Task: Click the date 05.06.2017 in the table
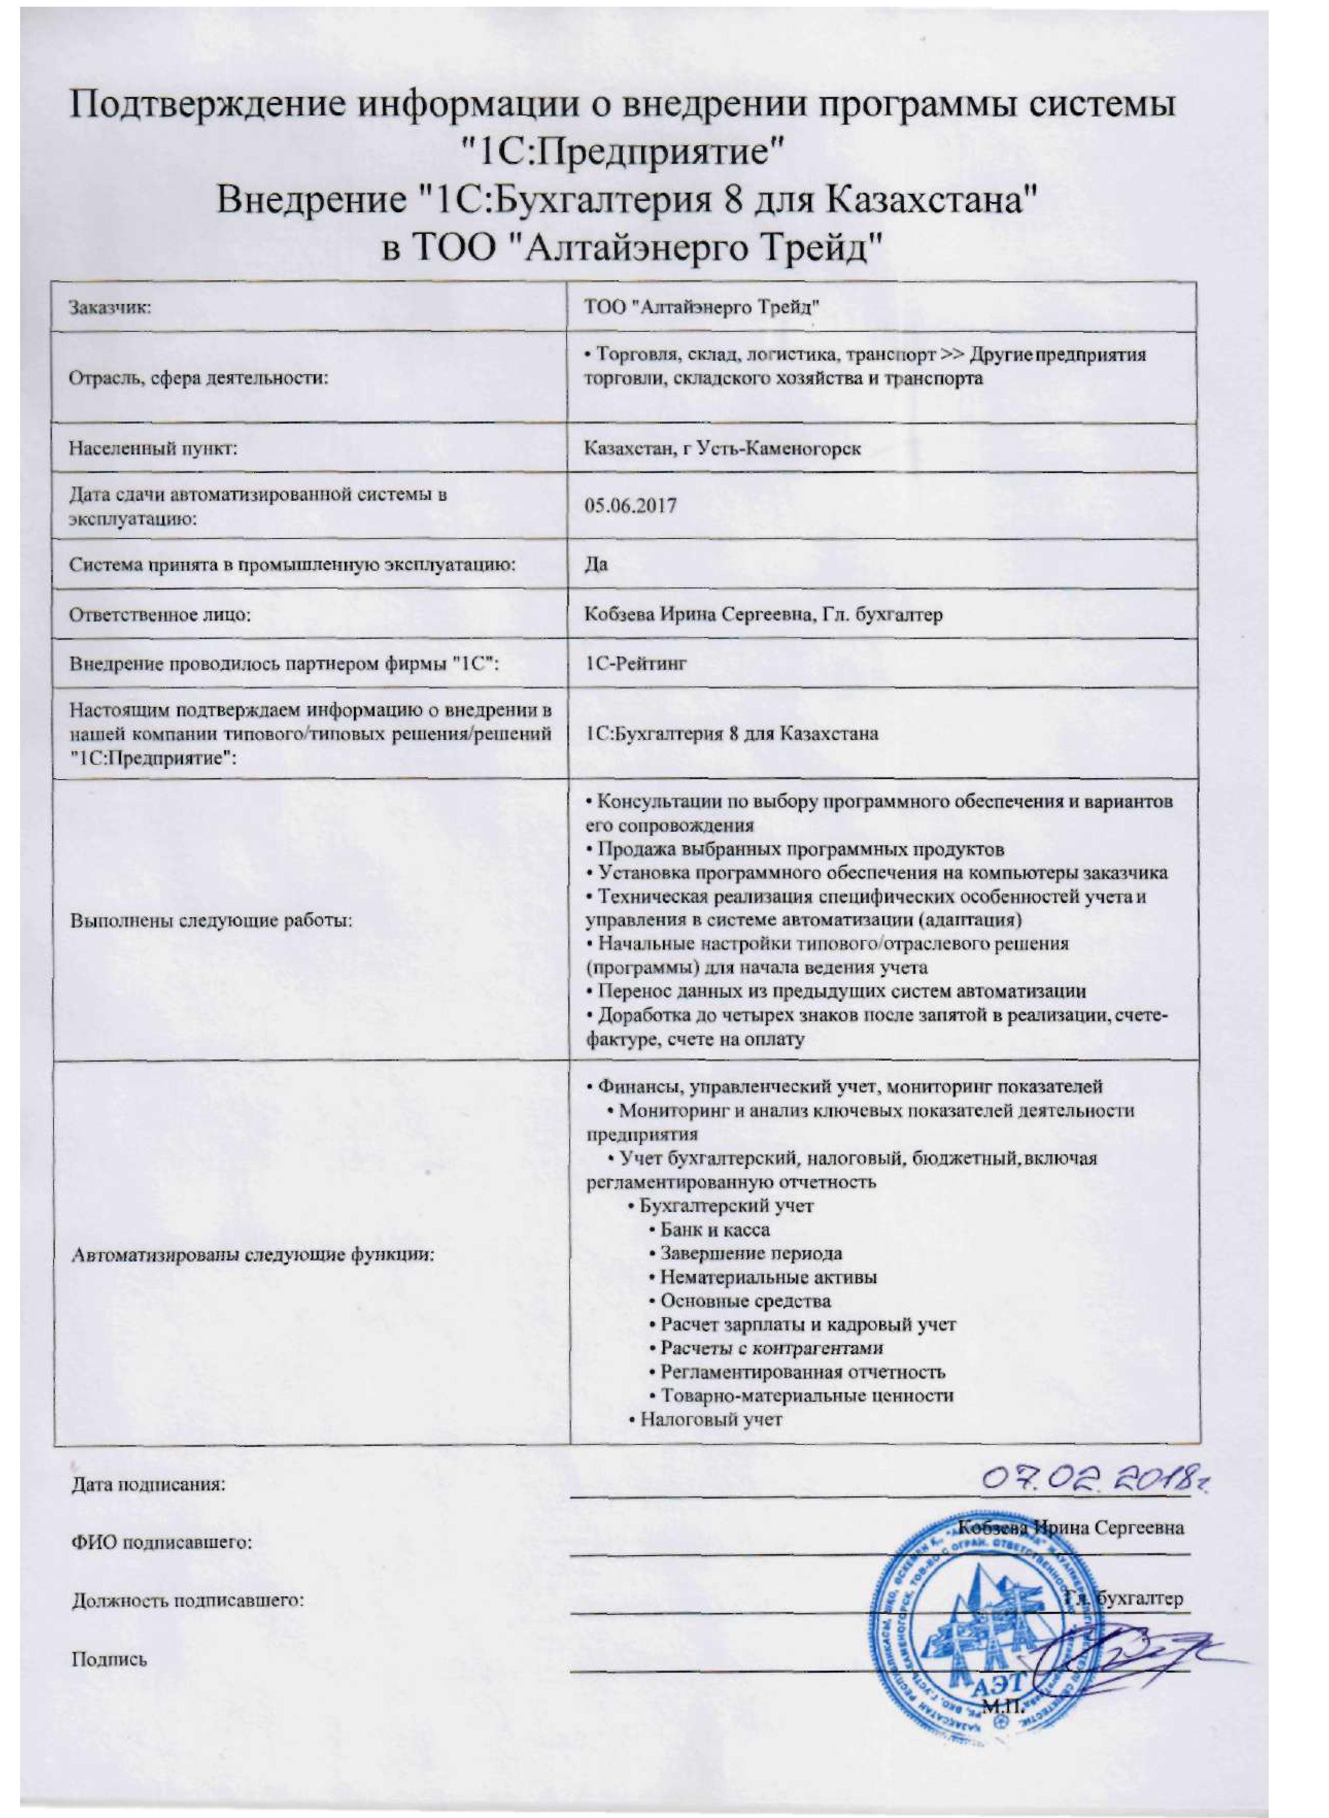[x=631, y=506]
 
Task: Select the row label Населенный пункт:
[x=153, y=448]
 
